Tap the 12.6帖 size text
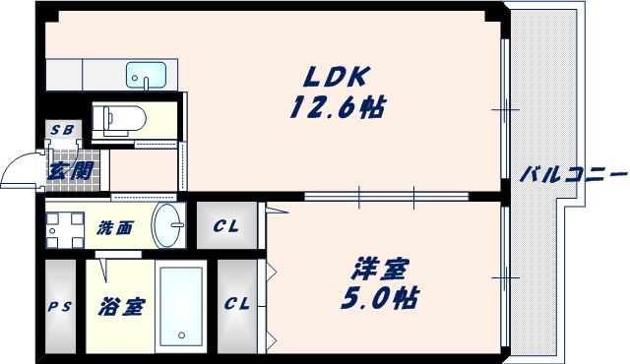coord(336,106)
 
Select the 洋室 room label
coord(382,268)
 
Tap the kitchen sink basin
coord(148,74)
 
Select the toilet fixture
coord(120,120)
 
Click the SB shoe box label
coord(62,130)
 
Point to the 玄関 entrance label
coord(71,170)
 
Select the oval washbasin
coord(168,226)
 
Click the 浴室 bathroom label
coord(120,306)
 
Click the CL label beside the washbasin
coord(226,227)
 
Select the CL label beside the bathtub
coord(236,304)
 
